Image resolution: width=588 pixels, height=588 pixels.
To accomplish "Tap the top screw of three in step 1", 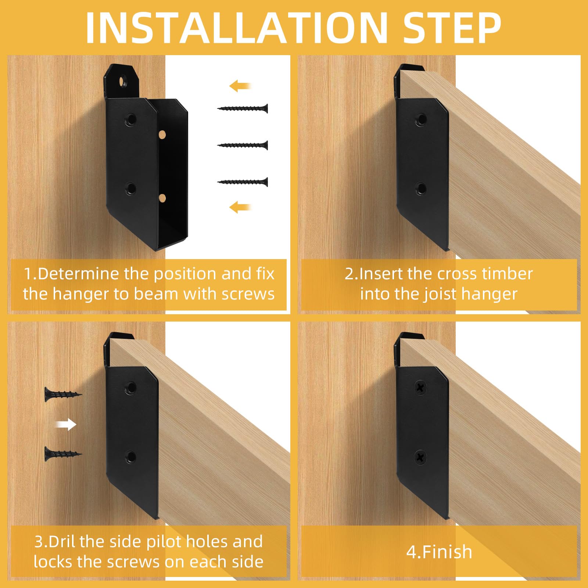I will point(243,108).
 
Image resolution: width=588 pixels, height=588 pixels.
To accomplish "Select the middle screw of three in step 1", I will point(243,145).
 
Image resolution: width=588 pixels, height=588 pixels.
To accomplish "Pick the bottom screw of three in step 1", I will point(243,182).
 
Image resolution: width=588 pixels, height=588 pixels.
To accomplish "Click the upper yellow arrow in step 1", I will point(240,86).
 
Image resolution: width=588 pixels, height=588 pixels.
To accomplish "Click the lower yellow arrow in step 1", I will point(240,207).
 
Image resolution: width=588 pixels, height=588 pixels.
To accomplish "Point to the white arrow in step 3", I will point(66,425).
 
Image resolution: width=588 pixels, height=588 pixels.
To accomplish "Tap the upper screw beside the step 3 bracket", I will point(62,394).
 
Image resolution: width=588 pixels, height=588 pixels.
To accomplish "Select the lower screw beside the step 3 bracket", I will point(62,454).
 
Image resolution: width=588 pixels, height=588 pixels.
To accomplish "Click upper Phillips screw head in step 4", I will point(420,387).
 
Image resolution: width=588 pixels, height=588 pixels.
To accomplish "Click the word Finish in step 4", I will point(447,552).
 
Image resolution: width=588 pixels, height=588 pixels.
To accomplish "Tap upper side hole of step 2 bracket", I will point(420,119).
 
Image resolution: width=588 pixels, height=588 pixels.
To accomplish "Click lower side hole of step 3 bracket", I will point(130,457).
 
